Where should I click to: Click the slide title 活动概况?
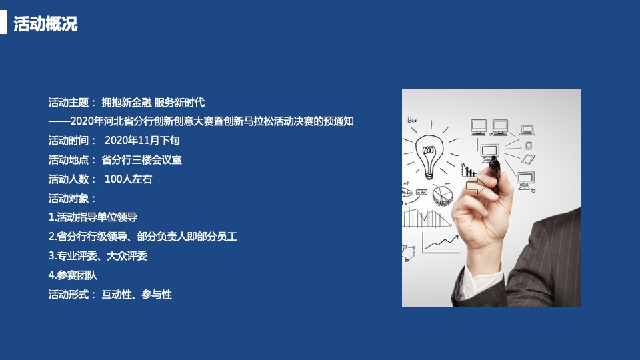coord(45,24)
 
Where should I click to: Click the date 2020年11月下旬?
coord(142,141)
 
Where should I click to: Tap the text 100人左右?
coord(128,179)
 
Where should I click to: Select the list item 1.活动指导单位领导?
coord(93,217)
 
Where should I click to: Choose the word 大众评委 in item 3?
coord(127,256)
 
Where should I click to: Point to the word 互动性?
coord(116,295)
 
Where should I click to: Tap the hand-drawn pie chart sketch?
coord(443,195)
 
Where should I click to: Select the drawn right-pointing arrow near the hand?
coord(476,187)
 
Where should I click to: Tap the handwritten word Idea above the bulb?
coord(411,120)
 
